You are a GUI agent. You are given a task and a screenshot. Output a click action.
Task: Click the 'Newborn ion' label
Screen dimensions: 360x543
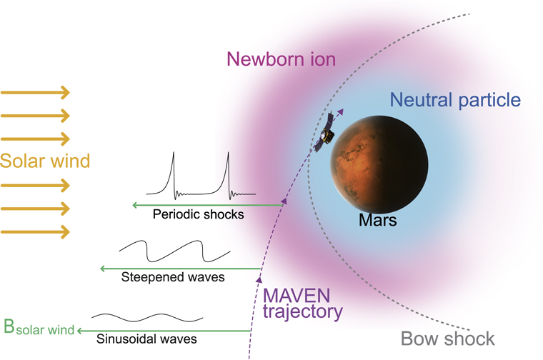pyautogui.click(x=281, y=59)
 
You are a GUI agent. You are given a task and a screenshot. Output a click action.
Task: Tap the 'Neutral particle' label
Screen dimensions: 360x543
pyautogui.click(x=455, y=100)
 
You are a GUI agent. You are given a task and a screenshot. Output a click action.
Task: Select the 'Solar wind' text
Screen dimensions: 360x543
pyautogui.click(x=45, y=161)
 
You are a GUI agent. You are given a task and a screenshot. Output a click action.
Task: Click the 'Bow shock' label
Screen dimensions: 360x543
pyautogui.click(x=447, y=338)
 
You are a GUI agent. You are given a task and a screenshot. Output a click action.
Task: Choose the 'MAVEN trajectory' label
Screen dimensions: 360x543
pyautogui.click(x=302, y=303)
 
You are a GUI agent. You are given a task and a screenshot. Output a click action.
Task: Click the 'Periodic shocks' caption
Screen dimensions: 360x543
pyautogui.click(x=198, y=214)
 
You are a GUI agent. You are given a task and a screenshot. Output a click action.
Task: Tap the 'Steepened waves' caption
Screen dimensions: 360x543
pyautogui.click(x=173, y=276)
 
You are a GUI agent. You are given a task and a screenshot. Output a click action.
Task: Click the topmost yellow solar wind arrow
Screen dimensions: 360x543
pyautogui.click(x=36, y=92)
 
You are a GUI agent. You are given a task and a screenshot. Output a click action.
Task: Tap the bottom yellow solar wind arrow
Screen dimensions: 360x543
pyautogui.click(x=36, y=231)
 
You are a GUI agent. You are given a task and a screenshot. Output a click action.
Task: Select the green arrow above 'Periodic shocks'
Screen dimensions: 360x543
pyautogui.click(x=207, y=205)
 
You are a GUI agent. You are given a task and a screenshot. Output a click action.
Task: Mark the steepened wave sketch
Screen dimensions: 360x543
pyautogui.click(x=174, y=251)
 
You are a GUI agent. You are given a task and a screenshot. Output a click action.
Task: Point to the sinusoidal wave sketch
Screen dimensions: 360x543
pyautogui.click(x=147, y=316)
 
